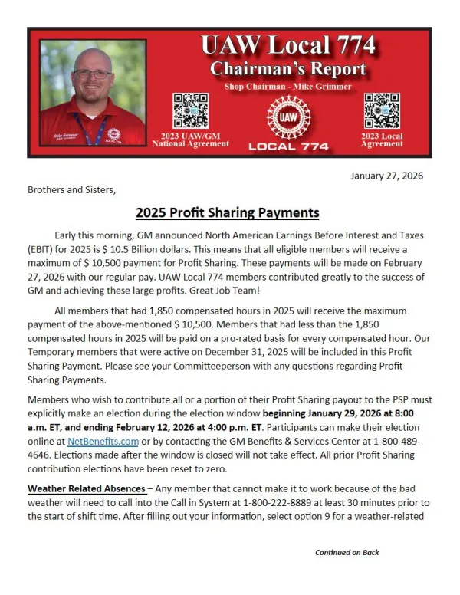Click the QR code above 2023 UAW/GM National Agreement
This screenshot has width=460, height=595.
(190, 110)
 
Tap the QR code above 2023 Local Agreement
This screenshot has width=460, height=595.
(381, 110)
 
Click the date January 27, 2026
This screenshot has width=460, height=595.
(386, 176)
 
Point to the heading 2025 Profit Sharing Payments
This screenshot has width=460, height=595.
(227, 212)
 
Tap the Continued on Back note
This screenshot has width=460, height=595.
(347, 552)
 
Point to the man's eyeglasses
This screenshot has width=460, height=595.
(93, 74)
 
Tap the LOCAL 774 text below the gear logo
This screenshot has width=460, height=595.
(288, 146)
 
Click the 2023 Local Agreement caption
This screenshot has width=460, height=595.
(382, 140)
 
